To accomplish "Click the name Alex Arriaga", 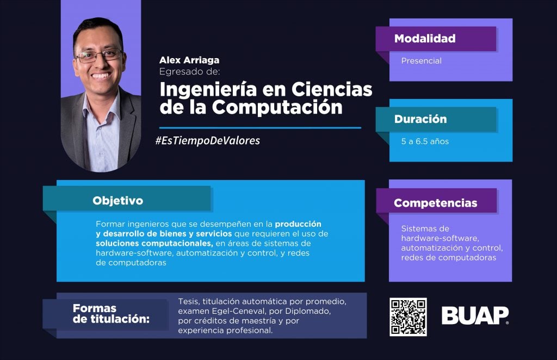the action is click(189, 60).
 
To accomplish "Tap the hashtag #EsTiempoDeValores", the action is click(207, 141).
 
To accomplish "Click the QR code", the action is click(408, 317).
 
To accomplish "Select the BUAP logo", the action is click(475, 315).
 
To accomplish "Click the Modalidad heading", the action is click(425, 39).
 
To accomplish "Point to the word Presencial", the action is click(422, 61).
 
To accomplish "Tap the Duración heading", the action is click(420, 119).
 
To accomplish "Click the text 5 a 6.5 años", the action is click(425, 141).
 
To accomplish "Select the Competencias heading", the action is click(436, 203).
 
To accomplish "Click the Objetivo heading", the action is click(117, 201).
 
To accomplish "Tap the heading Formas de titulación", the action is click(111, 313).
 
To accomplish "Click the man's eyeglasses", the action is click(99, 55).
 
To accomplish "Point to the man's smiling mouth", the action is click(101, 76).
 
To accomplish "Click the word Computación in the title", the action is click(277, 107).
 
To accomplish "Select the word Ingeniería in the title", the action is click(208, 90).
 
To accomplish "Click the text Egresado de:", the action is click(190, 72).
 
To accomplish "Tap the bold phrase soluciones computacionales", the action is click(154, 244).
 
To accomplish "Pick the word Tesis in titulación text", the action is click(189, 302).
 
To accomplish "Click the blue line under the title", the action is click(260, 128).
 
